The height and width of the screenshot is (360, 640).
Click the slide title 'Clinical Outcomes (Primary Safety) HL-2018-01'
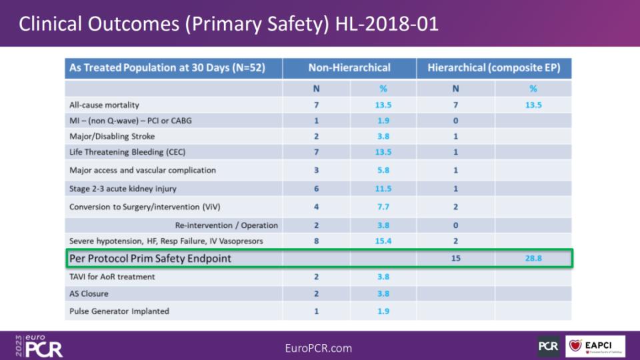pos(229,23)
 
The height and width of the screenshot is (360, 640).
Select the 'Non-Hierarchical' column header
pos(349,68)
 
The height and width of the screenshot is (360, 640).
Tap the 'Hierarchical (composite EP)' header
pos(494,68)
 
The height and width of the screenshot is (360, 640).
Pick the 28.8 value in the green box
pos(533,258)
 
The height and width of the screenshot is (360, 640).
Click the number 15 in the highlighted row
pos(455,258)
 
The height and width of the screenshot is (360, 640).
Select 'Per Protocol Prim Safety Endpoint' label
pos(150,258)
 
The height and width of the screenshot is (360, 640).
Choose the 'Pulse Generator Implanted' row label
pos(119,311)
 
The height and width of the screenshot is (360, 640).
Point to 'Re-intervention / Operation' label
pos(227,225)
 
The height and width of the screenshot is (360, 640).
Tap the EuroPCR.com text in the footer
pos(319,348)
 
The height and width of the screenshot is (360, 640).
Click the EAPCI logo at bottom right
pos(595,345)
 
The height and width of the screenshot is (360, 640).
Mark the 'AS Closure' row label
pos(89,293)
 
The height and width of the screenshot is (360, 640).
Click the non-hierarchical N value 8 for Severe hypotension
pos(316,241)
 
